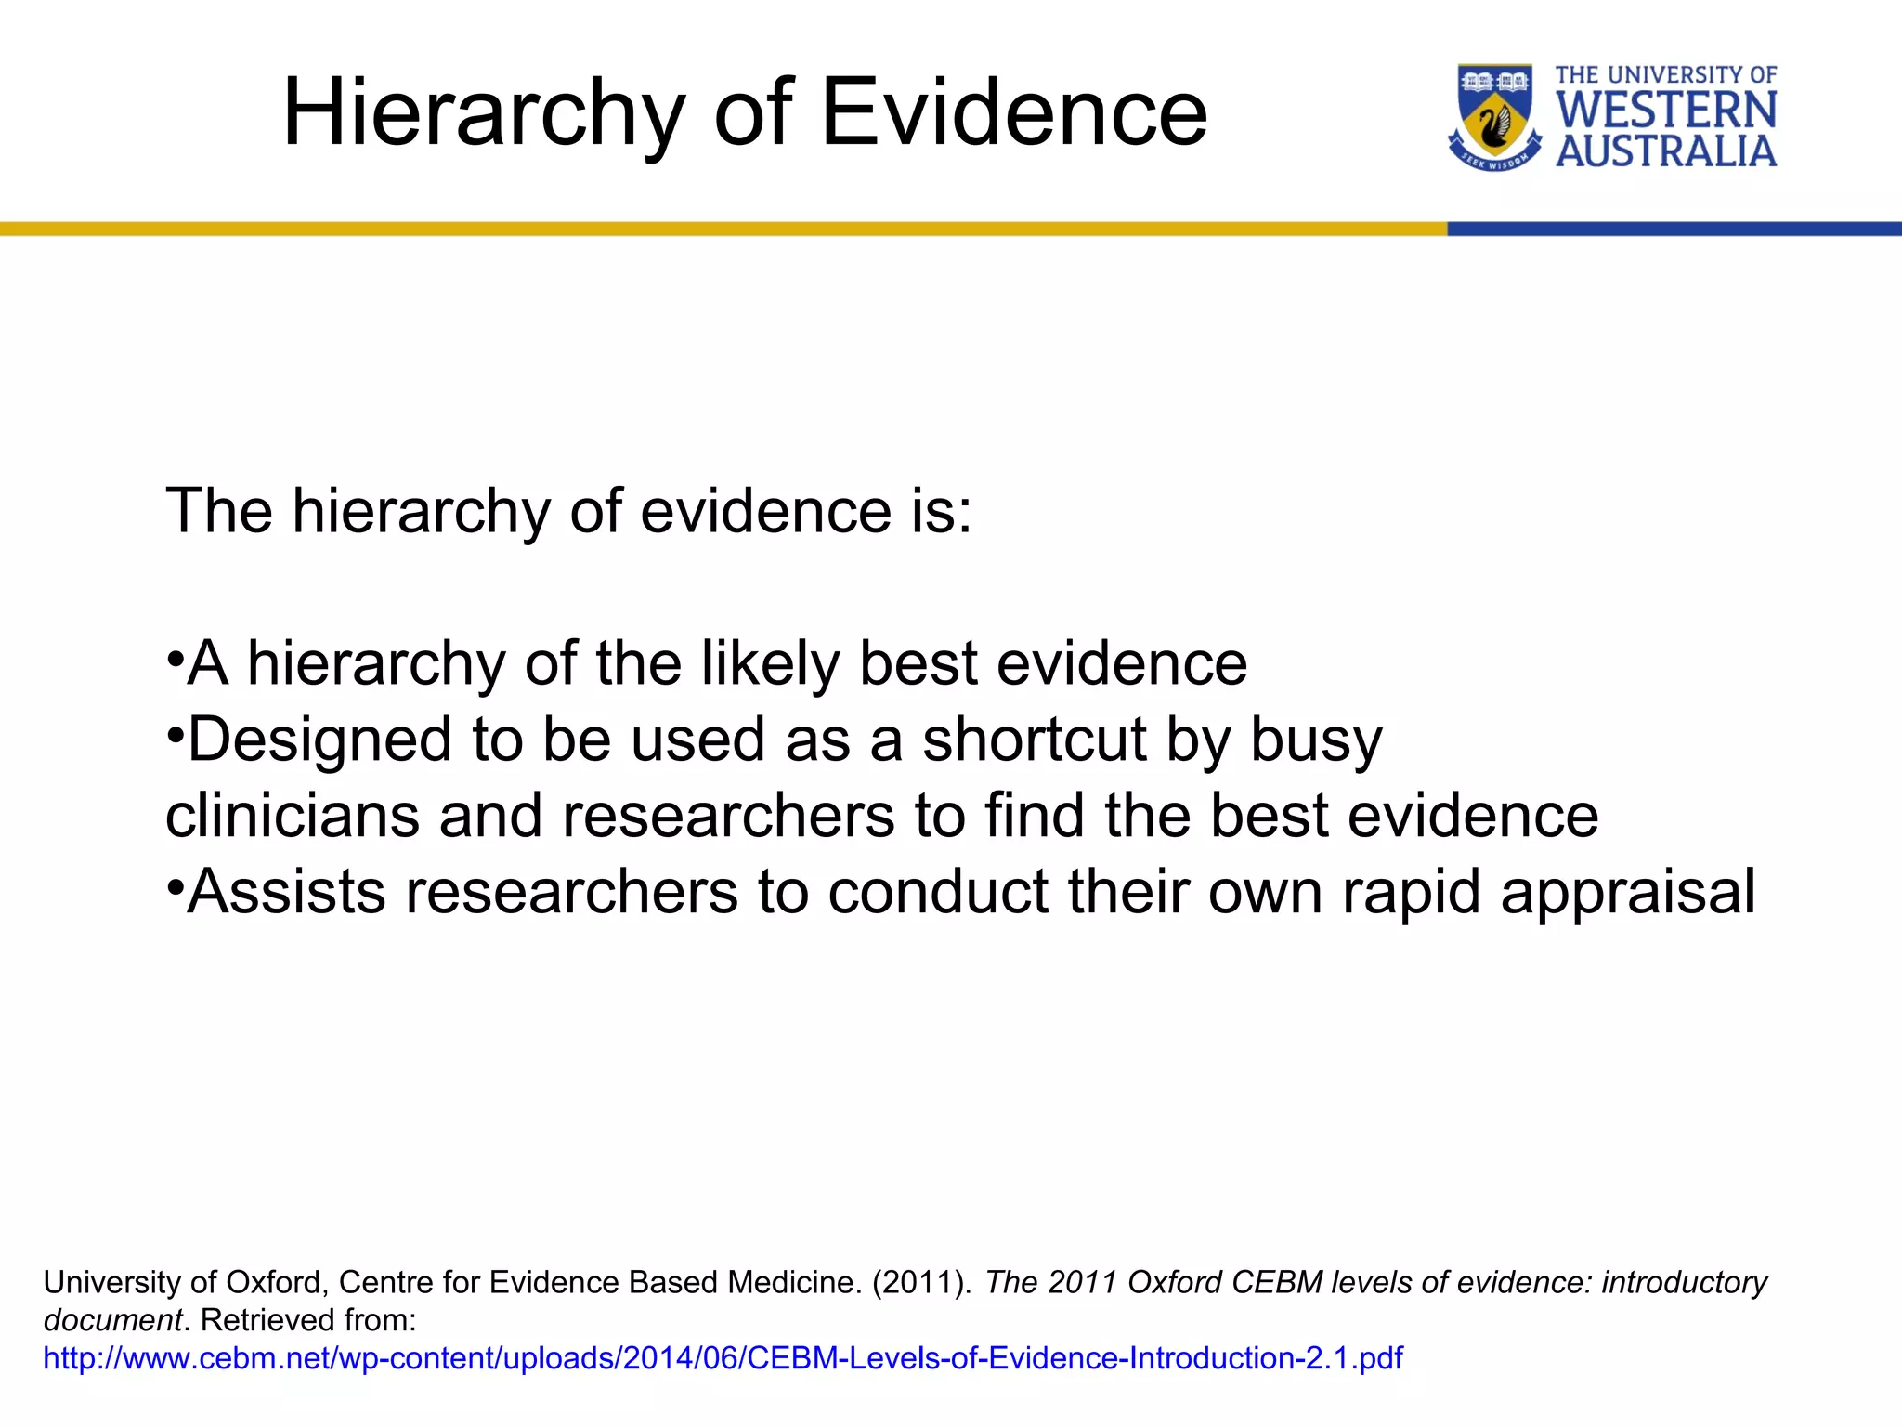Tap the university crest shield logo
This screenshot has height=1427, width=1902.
1494,116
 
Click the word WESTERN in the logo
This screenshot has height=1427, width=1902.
1666,111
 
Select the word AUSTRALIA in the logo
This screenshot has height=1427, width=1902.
1666,151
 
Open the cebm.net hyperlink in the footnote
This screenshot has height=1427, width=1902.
723,1358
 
